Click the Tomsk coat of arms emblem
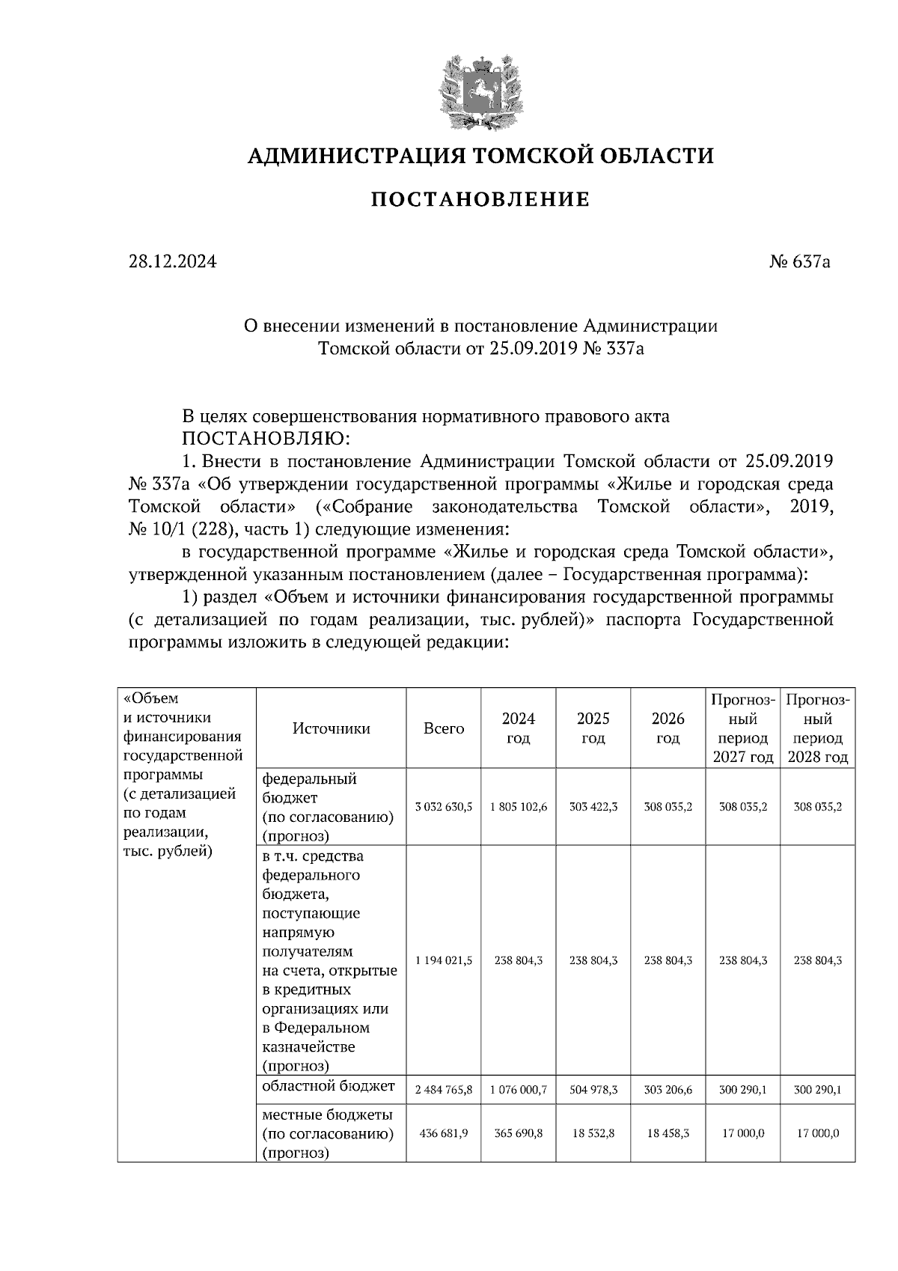[480, 91]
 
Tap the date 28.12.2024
[172, 262]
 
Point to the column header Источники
[331, 728]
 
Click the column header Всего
[444, 728]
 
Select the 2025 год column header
[593, 728]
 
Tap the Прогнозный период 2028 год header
[817, 728]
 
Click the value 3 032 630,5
[444, 807]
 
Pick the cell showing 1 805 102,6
[519, 807]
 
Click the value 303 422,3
[593, 807]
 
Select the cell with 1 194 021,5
[444, 960]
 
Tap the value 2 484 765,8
[444, 1090]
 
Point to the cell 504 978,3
[593, 1090]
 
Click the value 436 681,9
[444, 1133]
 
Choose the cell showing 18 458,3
[668, 1133]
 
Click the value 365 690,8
[519, 1133]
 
